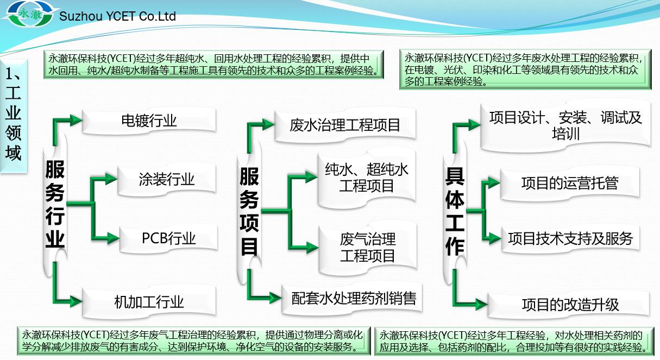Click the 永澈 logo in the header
point(30,14)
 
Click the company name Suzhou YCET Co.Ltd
point(117,16)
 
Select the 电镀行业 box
point(149,121)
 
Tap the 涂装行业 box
point(167,179)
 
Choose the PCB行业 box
point(168,238)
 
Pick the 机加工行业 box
point(149,302)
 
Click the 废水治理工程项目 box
point(345,125)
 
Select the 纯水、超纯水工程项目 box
point(367,178)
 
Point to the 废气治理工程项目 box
point(367,248)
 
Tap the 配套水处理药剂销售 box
point(352,299)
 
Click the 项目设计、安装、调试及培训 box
point(565,126)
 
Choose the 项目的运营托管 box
point(570,183)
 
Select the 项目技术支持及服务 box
point(570,238)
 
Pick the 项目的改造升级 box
point(569,305)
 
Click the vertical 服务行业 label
point(55,204)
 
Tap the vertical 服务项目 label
point(249,211)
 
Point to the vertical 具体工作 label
point(455,211)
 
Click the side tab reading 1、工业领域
point(13,116)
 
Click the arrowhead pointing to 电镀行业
point(76,121)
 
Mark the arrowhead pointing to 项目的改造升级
point(481,304)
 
